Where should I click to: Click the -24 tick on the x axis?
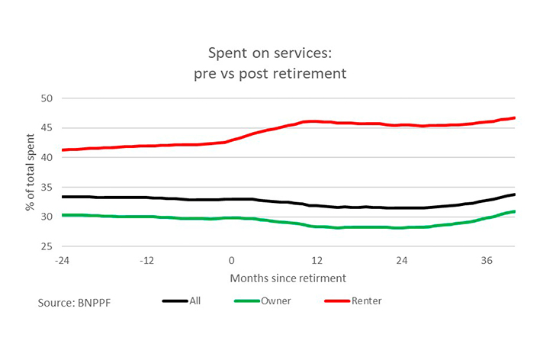click(62, 259)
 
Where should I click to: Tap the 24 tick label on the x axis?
click(401, 259)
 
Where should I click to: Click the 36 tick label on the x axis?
click(486, 259)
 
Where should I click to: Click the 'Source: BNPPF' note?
click(73, 303)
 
